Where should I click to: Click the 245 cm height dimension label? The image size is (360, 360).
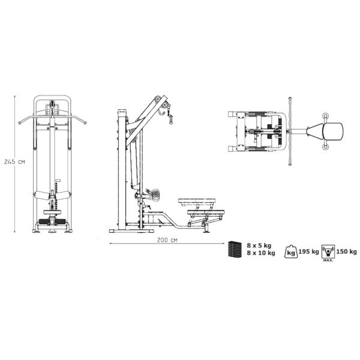click(x=14, y=161)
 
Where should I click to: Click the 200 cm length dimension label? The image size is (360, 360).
click(x=167, y=240)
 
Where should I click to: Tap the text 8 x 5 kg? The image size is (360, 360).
click(x=259, y=245)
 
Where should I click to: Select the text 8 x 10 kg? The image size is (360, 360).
click(x=261, y=253)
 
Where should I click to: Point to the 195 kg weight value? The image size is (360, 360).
click(x=308, y=251)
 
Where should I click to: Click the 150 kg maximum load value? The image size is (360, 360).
click(x=346, y=251)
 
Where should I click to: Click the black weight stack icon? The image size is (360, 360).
click(x=235, y=250)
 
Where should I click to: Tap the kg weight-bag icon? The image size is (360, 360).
click(x=291, y=251)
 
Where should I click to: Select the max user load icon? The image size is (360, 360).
click(x=328, y=252)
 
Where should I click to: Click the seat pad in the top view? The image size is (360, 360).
click(x=332, y=131)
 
